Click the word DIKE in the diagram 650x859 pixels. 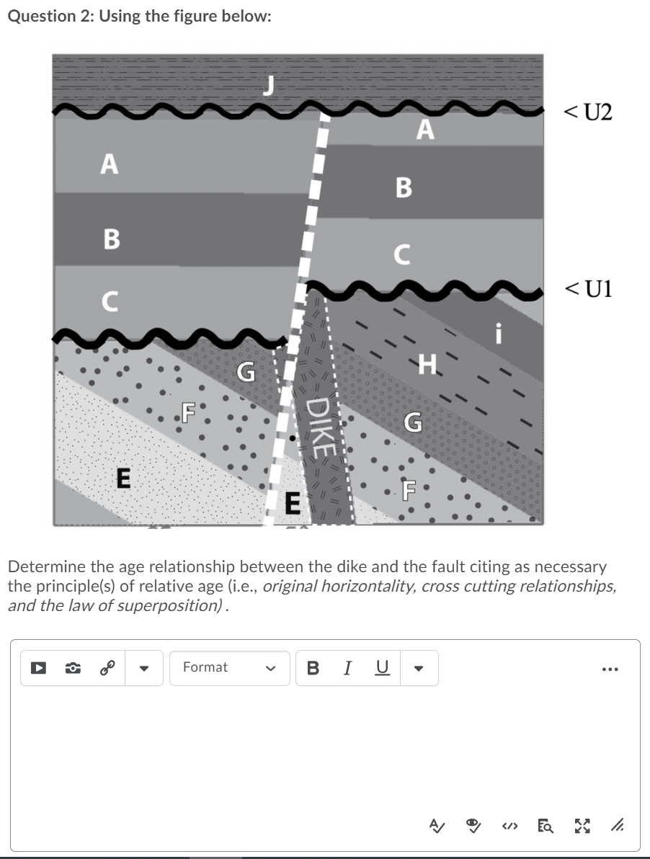pyautogui.click(x=322, y=425)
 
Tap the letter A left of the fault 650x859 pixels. pyautogui.click(x=110, y=165)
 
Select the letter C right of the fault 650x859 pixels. pyautogui.click(x=402, y=254)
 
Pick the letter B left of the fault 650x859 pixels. pyautogui.click(x=112, y=239)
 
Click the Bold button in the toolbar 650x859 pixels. pyautogui.click(x=313, y=667)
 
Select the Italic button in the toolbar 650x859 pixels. pyautogui.click(x=348, y=667)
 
